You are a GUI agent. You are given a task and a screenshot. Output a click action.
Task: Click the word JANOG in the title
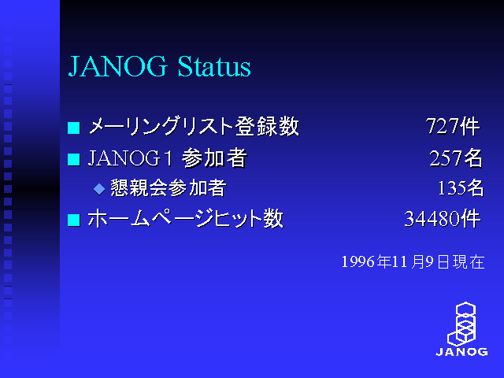point(118,66)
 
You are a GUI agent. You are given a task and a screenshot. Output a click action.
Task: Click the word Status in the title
point(214,66)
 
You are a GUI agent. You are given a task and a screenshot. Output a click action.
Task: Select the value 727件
point(453,126)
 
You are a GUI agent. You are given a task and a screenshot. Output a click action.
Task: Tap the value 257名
point(456,157)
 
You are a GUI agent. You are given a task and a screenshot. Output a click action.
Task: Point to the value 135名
point(461,187)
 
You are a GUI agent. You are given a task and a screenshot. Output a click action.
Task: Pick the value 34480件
point(443,219)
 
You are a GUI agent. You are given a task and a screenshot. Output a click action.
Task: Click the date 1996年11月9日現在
point(413,261)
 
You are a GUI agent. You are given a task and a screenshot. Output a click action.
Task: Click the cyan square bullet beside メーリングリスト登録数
point(73,128)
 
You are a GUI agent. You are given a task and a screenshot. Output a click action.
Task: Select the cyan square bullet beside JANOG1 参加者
point(73,159)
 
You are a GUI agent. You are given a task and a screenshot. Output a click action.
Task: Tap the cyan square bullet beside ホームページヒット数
point(73,220)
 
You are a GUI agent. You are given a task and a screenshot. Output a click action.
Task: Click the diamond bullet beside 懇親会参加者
point(99,189)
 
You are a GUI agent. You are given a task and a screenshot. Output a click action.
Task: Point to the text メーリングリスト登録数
point(194,126)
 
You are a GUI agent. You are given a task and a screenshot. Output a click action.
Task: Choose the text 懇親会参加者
point(169,187)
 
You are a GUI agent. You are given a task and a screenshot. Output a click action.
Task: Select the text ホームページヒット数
point(186,219)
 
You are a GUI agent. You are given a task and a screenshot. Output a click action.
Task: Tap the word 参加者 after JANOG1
point(214,157)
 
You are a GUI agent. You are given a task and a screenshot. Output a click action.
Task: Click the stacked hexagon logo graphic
point(461,324)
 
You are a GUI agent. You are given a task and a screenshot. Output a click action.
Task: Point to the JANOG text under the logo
point(461,352)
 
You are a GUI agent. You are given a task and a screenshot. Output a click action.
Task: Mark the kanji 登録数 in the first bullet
point(268,126)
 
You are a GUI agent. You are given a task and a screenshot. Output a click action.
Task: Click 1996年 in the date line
point(365,261)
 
